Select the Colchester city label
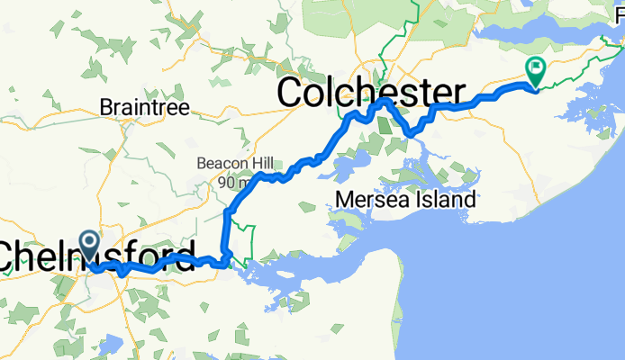click(x=372, y=92)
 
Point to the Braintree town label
click(x=144, y=107)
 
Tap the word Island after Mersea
click(x=443, y=199)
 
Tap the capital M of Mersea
click(x=342, y=199)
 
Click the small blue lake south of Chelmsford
click(x=110, y=344)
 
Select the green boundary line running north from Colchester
click(x=416, y=18)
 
